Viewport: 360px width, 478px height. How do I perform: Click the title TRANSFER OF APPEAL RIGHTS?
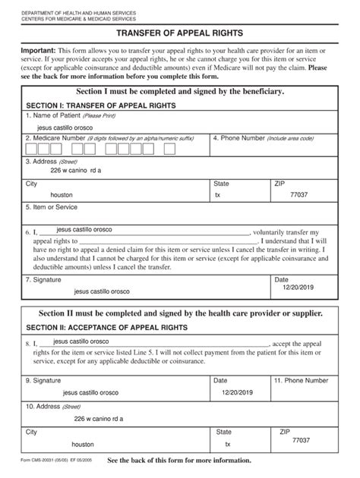[x=180, y=33]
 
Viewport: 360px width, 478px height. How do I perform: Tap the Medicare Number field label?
[x=57, y=139]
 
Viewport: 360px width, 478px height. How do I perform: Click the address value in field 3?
[x=75, y=171]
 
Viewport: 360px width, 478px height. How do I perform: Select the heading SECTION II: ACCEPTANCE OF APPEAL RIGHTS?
[x=107, y=327]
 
